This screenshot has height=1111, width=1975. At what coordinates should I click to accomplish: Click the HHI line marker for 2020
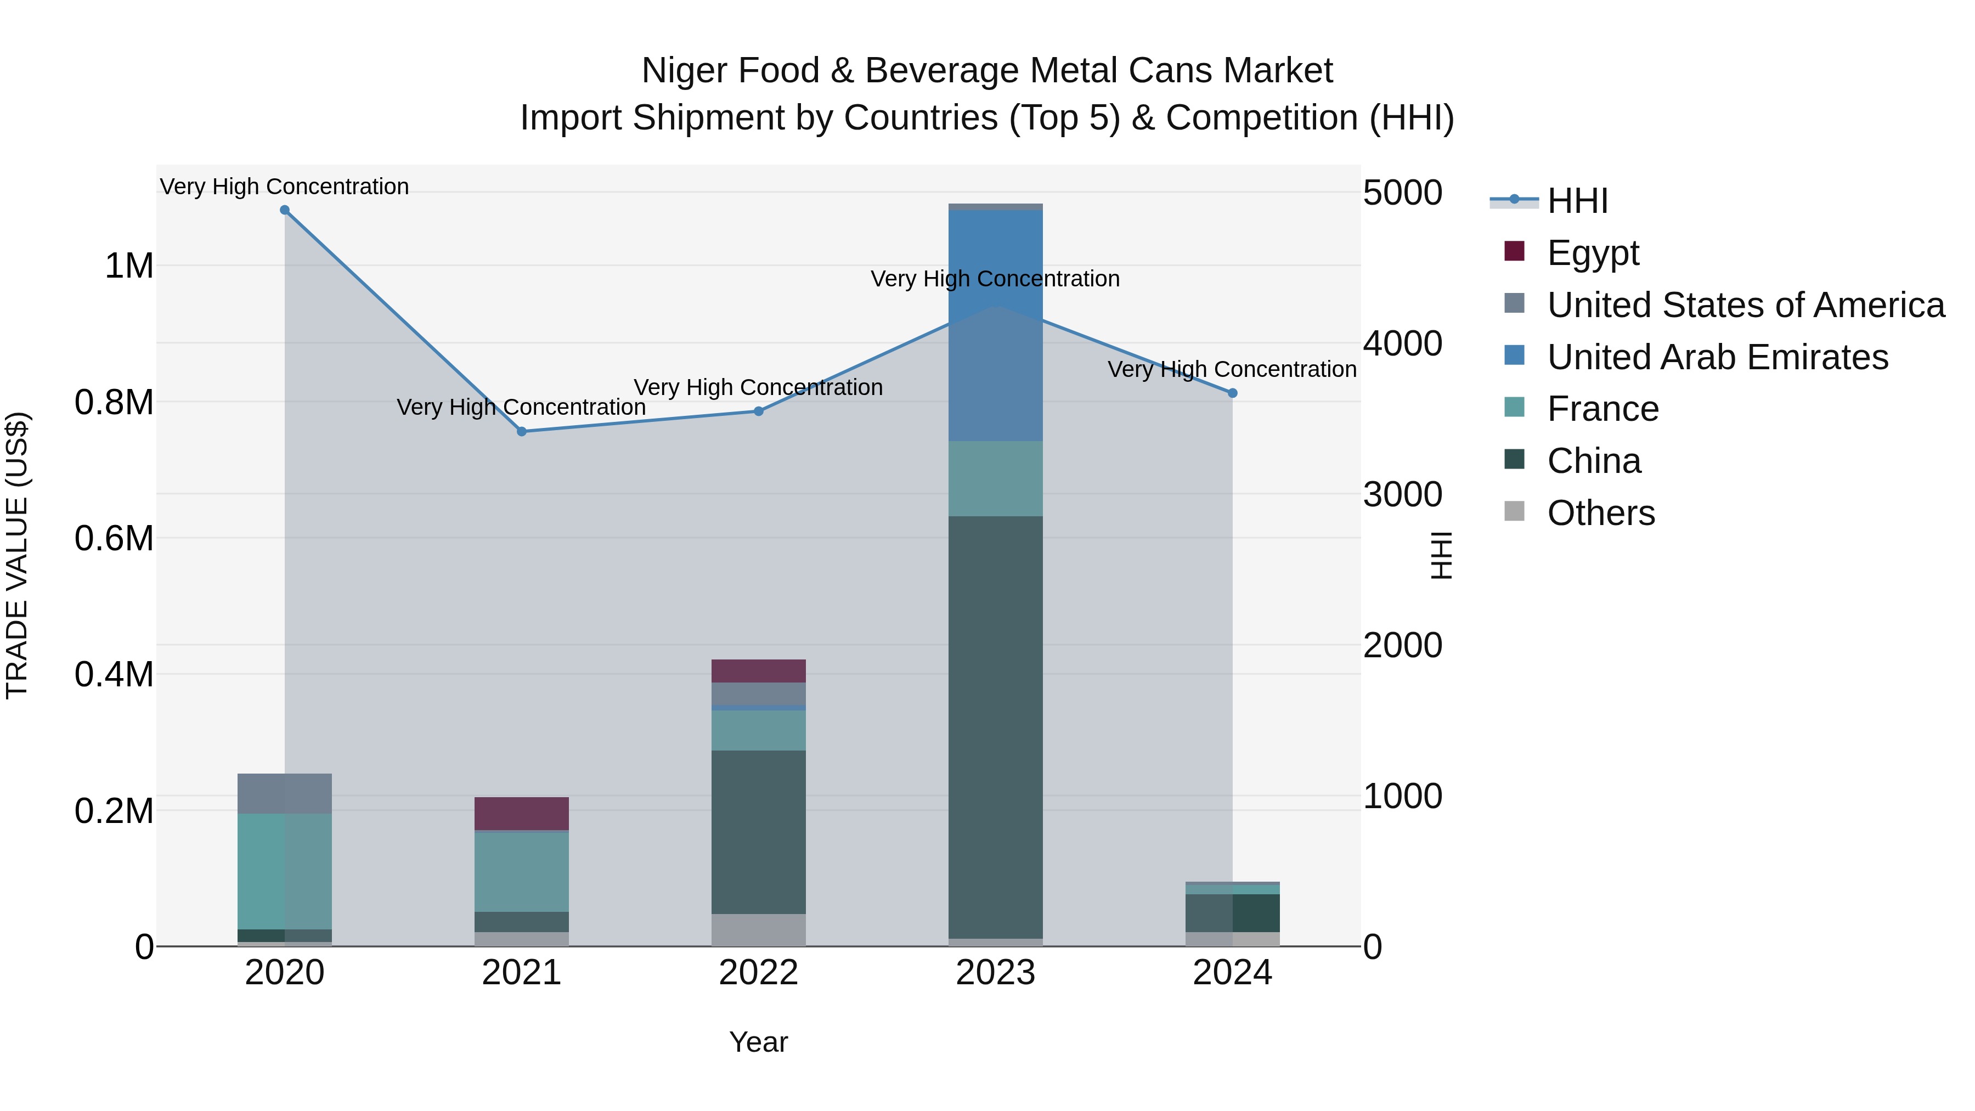click(284, 210)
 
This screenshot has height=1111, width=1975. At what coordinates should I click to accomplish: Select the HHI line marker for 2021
click(521, 432)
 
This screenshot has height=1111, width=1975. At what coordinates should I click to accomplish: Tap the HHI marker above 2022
click(758, 411)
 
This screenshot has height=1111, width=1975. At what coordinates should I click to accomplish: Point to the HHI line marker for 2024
click(1232, 393)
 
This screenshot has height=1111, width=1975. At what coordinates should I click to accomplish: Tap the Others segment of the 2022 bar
click(758, 929)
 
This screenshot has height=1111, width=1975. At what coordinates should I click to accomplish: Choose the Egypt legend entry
click(1593, 253)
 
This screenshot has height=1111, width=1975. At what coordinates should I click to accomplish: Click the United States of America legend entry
click(1745, 305)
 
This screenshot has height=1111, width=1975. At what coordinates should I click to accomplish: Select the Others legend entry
click(1600, 513)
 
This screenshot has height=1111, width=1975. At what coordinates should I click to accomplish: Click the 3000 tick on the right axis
click(1402, 494)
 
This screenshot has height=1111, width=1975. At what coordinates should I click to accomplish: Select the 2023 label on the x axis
click(995, 973)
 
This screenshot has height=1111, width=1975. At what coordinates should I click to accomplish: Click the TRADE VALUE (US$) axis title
click(17, 555)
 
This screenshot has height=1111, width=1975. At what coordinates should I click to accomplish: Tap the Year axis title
click(758, 1042)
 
